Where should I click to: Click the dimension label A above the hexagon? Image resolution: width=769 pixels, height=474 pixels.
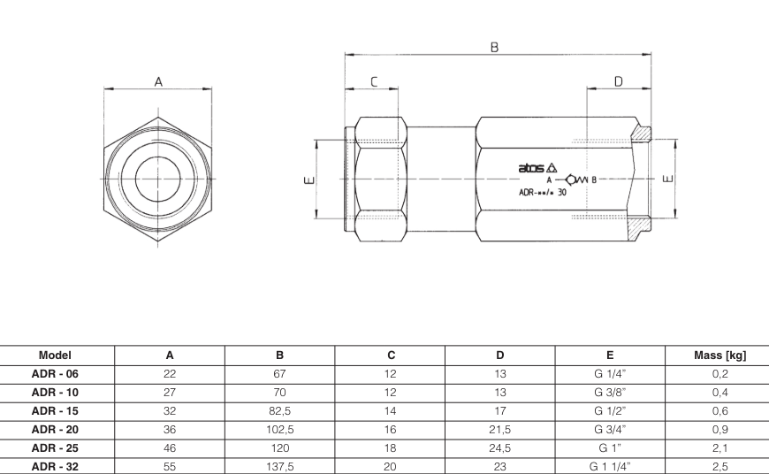[x=159, y=80]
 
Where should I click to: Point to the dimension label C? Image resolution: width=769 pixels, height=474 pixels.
[x=374, y=81]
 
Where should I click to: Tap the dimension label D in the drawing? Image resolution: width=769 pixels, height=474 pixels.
[x=618, y=81]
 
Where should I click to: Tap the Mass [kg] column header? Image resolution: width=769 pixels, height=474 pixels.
[x=720, y=355]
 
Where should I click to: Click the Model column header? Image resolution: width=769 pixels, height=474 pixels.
[x=55, y=355]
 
